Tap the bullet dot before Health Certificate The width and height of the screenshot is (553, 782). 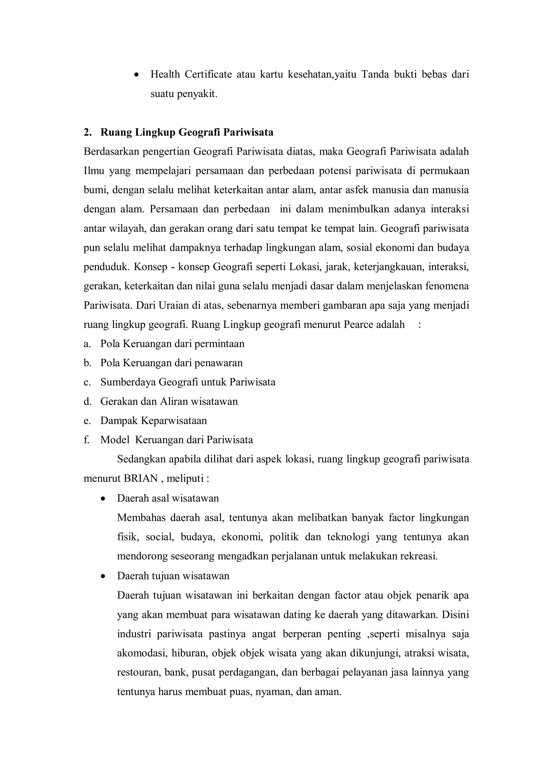point(137,75)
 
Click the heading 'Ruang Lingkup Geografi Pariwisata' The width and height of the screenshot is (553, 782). point(187,132)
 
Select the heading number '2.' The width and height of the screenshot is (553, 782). point(88,132)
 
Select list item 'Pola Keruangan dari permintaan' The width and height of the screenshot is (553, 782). point(172,344)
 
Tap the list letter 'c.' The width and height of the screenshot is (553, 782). point(87,382)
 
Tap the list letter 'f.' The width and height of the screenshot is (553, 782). point(86,440)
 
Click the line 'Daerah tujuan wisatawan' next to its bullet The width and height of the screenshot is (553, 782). point(173,576)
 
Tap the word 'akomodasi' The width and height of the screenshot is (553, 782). point(141,653)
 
